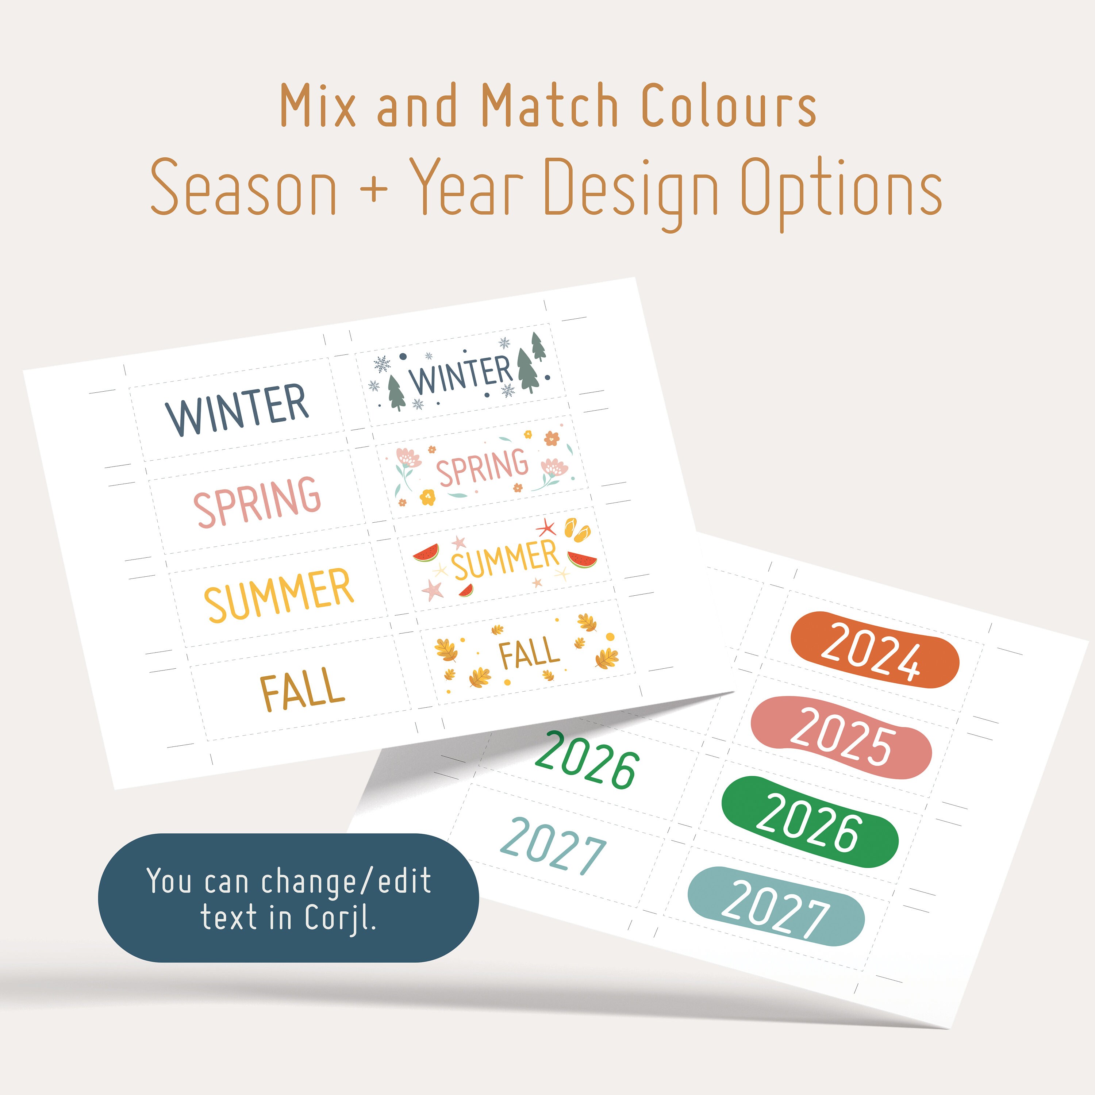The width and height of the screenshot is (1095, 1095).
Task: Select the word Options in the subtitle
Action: click(x=841, y=189)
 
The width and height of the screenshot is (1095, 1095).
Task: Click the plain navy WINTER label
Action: click(x=237, y=409)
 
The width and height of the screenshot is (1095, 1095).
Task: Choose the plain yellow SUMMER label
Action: click(x=279, y=594)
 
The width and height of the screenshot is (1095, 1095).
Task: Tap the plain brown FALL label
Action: click(x=302, y=689)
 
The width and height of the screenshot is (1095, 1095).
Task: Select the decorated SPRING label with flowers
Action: click(x=482, y=468)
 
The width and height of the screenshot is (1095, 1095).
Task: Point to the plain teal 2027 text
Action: click(x=553, y=846)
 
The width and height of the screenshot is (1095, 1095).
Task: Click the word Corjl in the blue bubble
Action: click(x=340, y=918)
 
